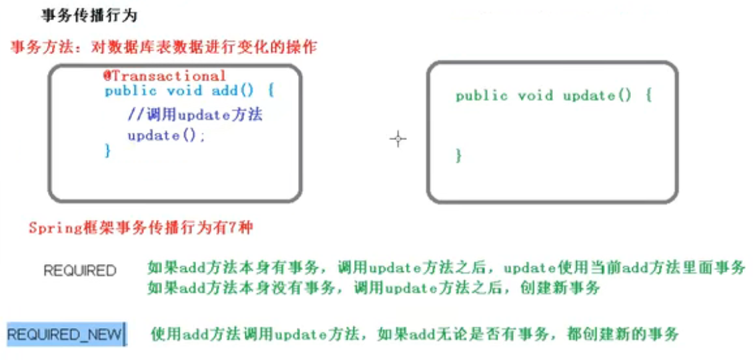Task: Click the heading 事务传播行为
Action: click(89, 15)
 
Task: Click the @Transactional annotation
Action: click(164, 75)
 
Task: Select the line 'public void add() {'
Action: click(189, 91)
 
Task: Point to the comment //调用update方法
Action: click(195, 115)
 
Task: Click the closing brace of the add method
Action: click(107, 151)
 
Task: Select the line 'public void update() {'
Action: click(553, 95)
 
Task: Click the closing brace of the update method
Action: click(458, 155)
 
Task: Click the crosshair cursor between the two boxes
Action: click(398, 139)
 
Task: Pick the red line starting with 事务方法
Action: click(163, 48)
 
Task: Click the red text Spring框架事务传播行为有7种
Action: click(141, 228)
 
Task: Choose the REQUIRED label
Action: click(79, 271)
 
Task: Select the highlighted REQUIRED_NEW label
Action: click(65, 334)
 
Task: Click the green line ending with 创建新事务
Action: click(373, 288)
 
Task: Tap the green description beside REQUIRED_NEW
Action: click(414, 333)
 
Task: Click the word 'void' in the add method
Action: click(184, 91)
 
